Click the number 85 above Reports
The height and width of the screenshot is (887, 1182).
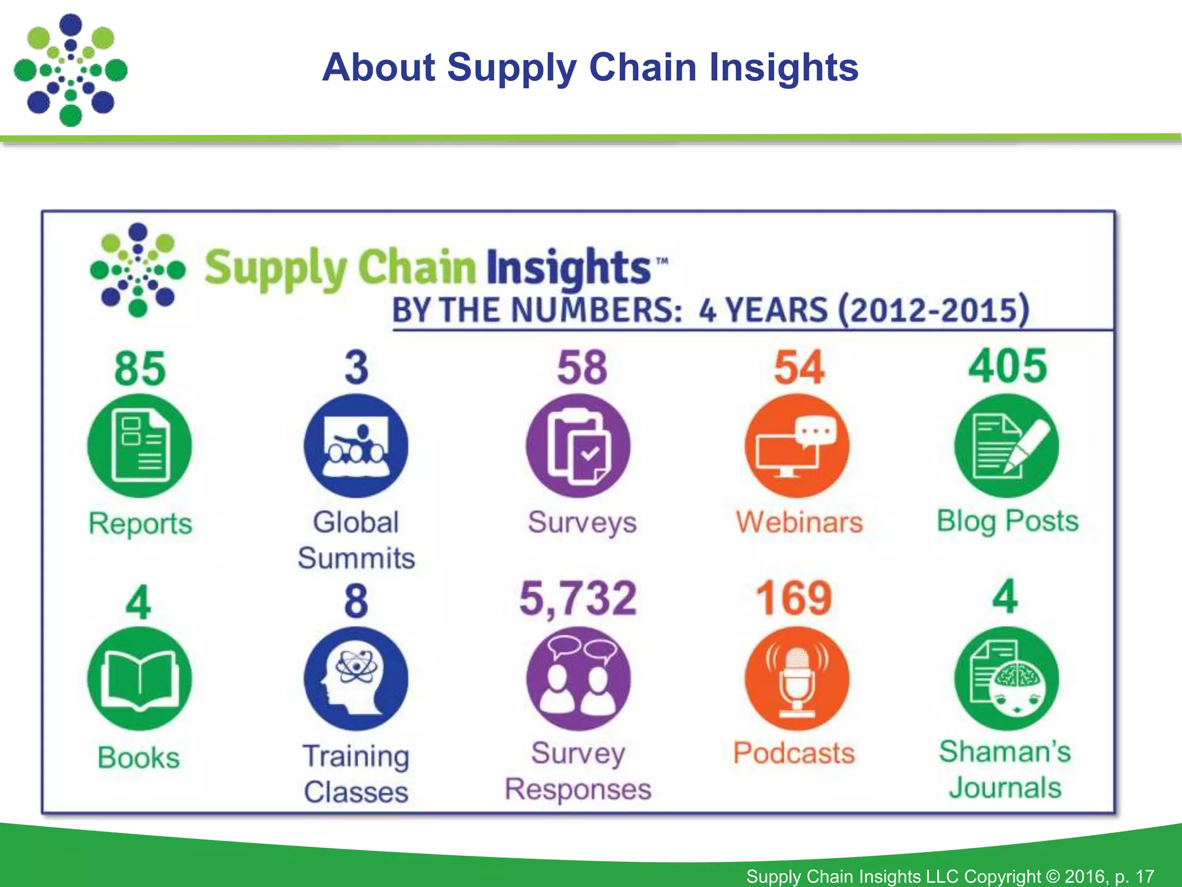(140, 368)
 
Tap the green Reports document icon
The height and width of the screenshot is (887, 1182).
(140, 446)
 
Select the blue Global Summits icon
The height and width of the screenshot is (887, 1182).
(356, 446)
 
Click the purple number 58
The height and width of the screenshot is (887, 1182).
(582, 367)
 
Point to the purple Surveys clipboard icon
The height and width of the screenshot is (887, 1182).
(578, 446)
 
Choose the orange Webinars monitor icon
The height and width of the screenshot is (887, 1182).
(797, 446)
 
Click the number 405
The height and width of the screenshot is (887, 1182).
(1007, 366)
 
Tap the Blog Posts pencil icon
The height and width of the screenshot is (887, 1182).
(1007, 446)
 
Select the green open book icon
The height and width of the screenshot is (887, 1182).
(139, 679)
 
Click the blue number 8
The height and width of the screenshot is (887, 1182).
(356, 601)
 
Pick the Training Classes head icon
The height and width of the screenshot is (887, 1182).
(356, 679)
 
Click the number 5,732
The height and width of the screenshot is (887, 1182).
(578, 598)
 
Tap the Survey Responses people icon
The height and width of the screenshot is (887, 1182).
(578, 679)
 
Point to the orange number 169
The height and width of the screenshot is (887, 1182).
(794, 598)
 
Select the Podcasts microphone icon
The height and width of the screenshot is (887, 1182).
(797, 679)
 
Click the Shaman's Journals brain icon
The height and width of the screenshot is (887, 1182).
(1007, 679)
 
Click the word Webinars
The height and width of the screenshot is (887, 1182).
(799, 522)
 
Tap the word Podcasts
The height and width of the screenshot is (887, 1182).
(794, 753)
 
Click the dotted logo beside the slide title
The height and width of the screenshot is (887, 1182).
(70, 70)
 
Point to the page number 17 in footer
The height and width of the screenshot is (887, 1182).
(1144, 876)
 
